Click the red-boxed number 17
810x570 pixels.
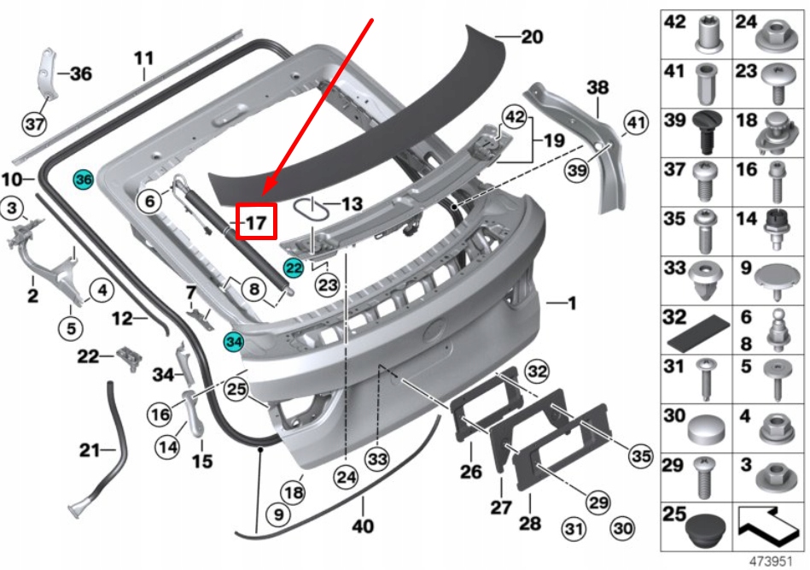[256, 223]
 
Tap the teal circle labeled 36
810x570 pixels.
[83, 180]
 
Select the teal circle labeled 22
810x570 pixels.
[294, 268]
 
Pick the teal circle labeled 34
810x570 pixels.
[233, 342]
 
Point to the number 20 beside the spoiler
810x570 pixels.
[531, 37]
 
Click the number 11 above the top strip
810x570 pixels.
[143, 58]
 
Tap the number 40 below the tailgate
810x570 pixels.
[363, 526]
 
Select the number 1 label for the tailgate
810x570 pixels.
[571, 303]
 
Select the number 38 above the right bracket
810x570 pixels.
[597, 86]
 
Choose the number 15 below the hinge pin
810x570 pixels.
[201, 461]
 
